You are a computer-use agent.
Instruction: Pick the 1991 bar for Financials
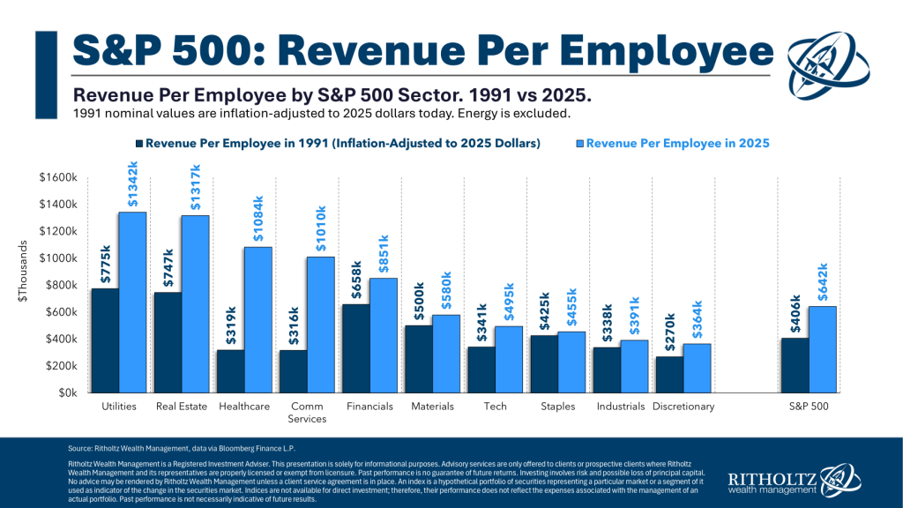click(356, 348)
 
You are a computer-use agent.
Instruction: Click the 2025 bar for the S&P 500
click(822, 349)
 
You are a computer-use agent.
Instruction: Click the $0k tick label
click(70, 393)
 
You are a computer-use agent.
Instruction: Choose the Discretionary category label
click(683, 407)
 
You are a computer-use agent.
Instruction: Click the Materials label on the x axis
click(432, 407)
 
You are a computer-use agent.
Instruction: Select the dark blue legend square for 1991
click(138, 142)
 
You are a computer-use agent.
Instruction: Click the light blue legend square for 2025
click(578, 142)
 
